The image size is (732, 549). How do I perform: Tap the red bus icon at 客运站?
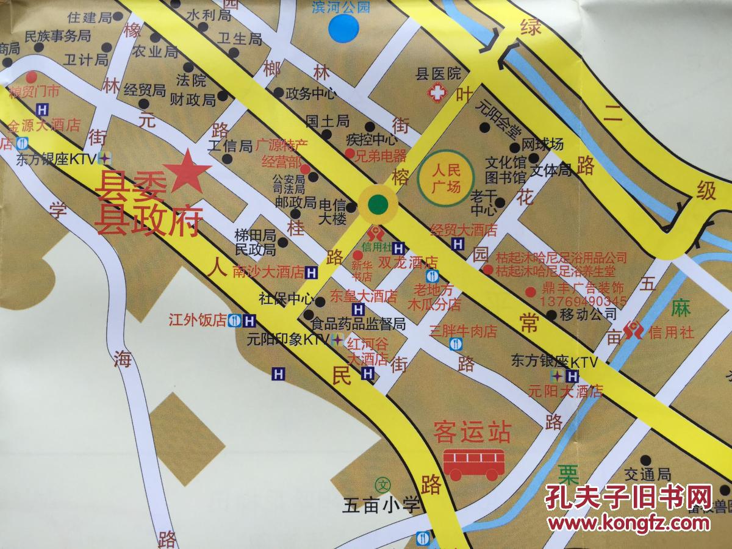coord(474,463)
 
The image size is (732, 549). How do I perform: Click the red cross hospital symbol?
coord(437,94)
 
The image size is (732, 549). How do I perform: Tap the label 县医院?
coord(438,74)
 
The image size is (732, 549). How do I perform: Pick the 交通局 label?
coord(648,474)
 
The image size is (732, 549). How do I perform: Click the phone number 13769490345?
coord(583,301)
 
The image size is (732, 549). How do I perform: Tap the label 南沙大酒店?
coord(268,271)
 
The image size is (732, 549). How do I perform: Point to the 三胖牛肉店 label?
coord(464,331)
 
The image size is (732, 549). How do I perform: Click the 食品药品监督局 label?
coord(358,323)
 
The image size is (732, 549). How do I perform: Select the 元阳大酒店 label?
coord(565,390)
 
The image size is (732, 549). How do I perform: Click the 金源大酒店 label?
coord(44,126)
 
